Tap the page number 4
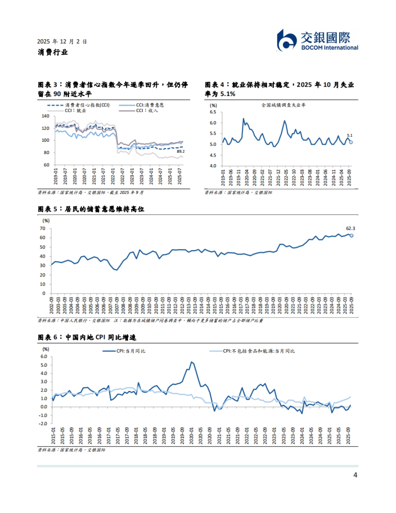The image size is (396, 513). click(x=355, y=475)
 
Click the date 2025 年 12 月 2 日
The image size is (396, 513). click(x=62, y=42)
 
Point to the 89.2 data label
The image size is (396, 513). click(x=181, y=151)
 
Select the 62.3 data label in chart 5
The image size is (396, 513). click(x=350, y=228)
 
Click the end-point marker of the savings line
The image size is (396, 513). click(x=351, y=236)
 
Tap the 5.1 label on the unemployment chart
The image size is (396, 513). click(x=349, y=135)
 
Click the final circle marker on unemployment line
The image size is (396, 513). click(x=351, y=142)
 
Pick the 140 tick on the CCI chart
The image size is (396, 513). click(x=46, y=116)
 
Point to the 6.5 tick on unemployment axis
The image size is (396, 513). click(x=213, y=112)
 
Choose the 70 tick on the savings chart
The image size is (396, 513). click(x=43, y=228)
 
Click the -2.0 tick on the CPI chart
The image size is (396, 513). click(x=44, y=424)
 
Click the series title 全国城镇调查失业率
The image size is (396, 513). click(x=283, y=105)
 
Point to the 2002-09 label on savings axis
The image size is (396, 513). click(x=52, y=305)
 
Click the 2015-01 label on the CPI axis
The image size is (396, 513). click(x=53, y=436)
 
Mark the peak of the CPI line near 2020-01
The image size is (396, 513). click(x=191, y=362)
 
